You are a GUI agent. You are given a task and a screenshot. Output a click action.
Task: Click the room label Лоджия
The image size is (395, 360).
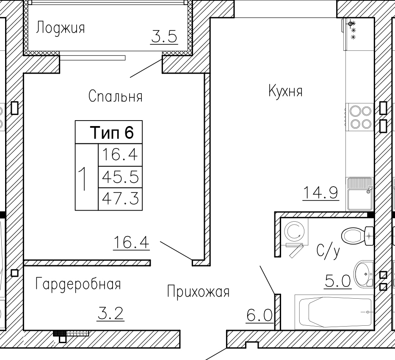(x=61, y=27)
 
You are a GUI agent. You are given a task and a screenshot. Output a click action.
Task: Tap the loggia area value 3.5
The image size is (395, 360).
(x=164, y=36)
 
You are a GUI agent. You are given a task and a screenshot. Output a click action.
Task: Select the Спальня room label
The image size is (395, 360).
(x=116, y=96)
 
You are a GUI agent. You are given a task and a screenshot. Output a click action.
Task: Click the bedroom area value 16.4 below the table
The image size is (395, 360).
(x=131, y=242)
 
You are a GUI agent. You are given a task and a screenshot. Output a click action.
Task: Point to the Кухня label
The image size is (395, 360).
(x=285, y=91)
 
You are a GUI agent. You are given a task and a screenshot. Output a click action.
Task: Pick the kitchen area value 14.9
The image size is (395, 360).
(x=320, y=192)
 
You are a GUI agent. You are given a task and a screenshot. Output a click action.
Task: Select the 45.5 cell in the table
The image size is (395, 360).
(x=120, y=177)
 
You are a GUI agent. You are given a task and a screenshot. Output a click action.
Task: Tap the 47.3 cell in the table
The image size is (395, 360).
(x=120, y=198)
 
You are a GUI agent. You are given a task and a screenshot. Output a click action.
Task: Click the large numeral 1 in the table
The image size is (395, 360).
(x=83, y=179)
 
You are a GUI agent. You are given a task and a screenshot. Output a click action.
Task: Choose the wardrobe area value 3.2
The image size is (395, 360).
(x=110, y=313)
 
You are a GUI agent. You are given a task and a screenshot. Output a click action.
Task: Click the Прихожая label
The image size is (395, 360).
(x=198, y=292)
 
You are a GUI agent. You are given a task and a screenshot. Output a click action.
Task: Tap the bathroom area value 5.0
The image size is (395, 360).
(x=337, y=281)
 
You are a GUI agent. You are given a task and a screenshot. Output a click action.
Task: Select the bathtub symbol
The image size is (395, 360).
(x=334, y=312)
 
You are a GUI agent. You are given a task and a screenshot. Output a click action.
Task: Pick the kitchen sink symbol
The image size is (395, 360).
(x=360, y=194)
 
